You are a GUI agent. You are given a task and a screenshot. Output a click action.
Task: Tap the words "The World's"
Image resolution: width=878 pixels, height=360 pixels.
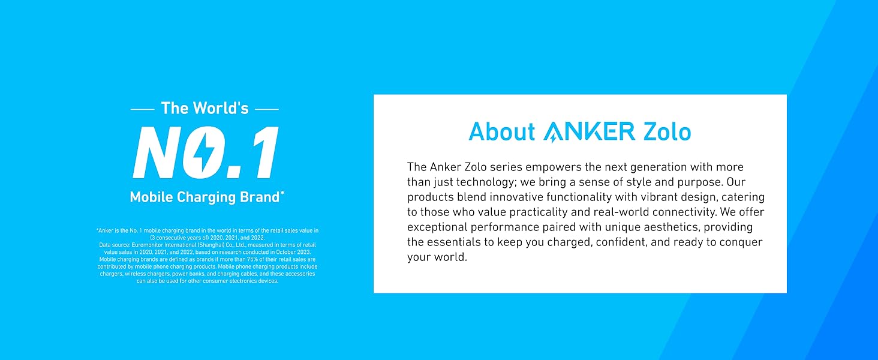[x=205, y=108]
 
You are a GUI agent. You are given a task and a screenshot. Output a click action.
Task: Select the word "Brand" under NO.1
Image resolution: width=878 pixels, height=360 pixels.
[x=260, y=197]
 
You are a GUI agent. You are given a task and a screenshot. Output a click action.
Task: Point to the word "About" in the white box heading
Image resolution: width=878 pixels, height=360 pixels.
[x=502, y=131]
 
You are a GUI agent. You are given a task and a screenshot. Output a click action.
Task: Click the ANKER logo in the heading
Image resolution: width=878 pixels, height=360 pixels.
[x=589, y=132]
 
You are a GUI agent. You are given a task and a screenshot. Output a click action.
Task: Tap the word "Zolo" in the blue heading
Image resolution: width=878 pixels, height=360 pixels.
[x=667, y=131]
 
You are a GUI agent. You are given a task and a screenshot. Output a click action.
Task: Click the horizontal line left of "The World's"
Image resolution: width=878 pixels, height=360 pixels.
[x=142, y=109]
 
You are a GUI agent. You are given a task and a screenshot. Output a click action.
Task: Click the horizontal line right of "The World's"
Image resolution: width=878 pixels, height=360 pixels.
[x=267, y=109]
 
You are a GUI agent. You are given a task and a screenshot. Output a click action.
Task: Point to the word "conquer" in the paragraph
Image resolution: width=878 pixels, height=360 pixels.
[x=741, y=242]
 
